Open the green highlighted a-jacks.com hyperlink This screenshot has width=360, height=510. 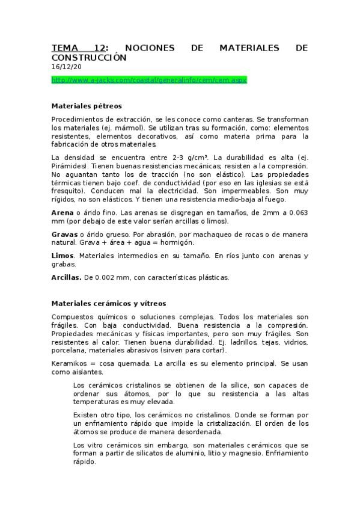[149, 79]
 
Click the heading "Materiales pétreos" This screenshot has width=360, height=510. [87, 106]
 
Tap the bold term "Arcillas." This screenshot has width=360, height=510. [67, 277]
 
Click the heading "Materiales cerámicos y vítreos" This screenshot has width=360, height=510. [108, 303]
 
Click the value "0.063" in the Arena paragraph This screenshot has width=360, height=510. [296, 212]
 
